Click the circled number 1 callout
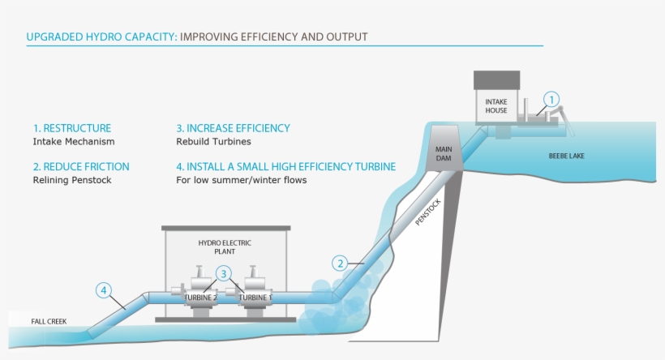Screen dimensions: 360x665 point(551,100)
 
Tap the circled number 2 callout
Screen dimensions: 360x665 point(341,262)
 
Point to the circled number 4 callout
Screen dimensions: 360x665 point(102,289)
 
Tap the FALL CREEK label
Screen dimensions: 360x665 point(49,322)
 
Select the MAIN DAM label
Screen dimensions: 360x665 point(444,152)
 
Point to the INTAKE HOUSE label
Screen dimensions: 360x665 point(496,106)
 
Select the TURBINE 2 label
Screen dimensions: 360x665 point(200,298)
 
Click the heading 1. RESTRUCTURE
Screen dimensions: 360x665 point(72,128)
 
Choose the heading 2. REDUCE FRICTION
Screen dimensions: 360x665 point(81,166)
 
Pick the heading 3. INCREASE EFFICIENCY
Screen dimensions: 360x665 point(233,128)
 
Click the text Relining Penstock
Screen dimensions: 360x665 point(72,180)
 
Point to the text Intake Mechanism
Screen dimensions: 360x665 point(79,142)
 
